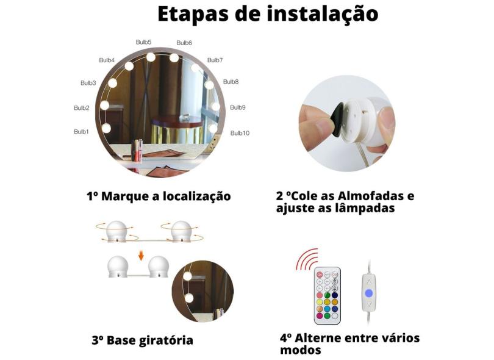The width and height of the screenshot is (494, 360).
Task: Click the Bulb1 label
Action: [x=81, y=132]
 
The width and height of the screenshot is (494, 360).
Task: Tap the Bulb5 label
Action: [x=144, y=42]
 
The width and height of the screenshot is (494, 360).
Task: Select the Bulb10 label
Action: [x=240, y=133]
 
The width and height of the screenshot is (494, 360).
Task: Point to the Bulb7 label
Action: [x=215, y=60]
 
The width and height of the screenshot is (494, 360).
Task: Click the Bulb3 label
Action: [x=88, y=83]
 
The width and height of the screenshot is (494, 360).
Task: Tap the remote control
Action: [x=328, y=295]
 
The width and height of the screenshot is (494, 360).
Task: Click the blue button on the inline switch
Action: [x=368, y=292]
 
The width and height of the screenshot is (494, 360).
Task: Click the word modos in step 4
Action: [x=300, y=350]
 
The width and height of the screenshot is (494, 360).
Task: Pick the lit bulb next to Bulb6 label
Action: [x=174, y=58]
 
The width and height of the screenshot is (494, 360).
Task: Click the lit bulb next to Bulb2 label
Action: [x=104, y=105]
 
